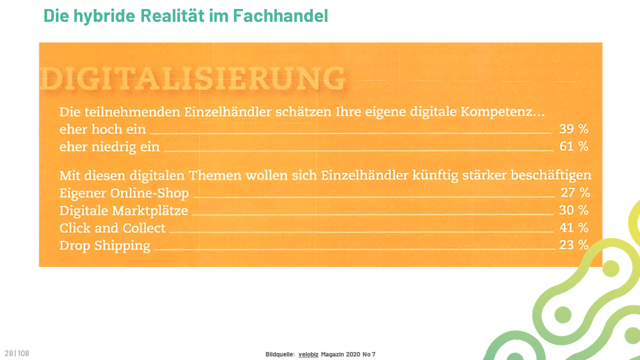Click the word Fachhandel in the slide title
pyautogui.click(x=280, y=15)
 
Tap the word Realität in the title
pyautogui.click(x=172, y=15)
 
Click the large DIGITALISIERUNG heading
pyautogui.click(x=192, y=78)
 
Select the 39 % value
pyautogui.click(x=573, y=129)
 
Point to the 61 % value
pyautogui.click(x=573, y=146)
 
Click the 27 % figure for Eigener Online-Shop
pyautogui.click(x=575, y=192)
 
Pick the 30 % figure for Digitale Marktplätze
pyautogui.click(x=573, y=210)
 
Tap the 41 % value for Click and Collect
pyautogui.click(x=573, y=227)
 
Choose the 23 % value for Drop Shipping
pyautogui.click(x=573, y=245)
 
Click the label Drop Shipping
pyautogui.click(x=105, y=245)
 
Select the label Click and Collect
pyautogui.click(x=112, y=228)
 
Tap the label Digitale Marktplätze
pyautogui.click(x=123, y=211)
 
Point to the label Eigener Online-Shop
pyautogui.click(x=124, y=193)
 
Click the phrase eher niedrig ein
pyautogui.click(x=109, y=147)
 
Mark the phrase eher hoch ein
pyautogui.click(x=102, y=129)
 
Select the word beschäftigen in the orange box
pyautogui.click(x=551, y=175)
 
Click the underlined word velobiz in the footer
pyautogui.click(x=308, y=354)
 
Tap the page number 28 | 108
pyautogui.click(x=17, y=353)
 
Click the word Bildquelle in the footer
pyautogui.click(x=280, y=354)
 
